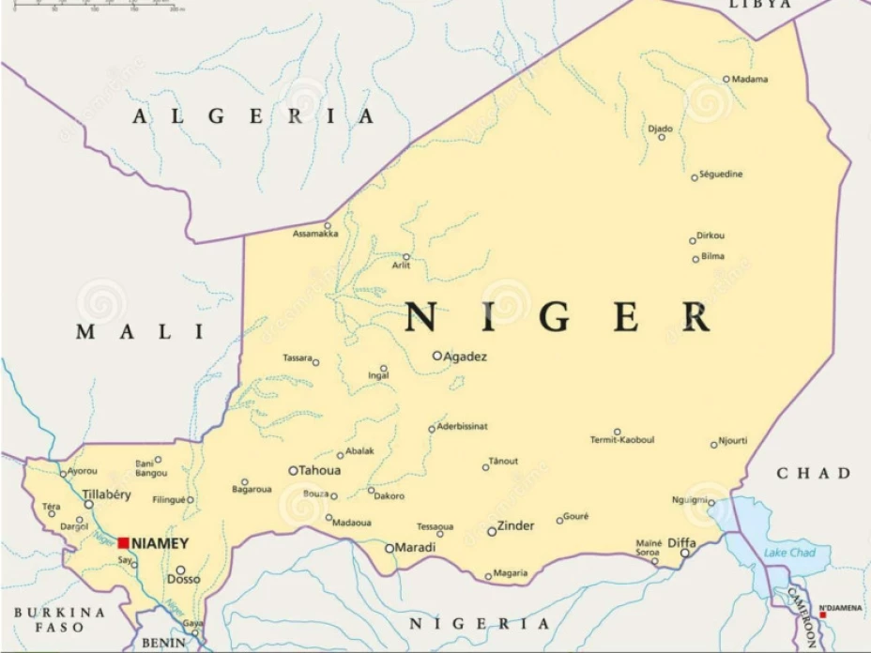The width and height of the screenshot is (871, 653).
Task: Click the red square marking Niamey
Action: [x=123, y=543]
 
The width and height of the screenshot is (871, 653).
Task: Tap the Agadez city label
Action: [x=466, y=357]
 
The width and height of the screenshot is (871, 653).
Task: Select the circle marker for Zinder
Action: [x=492, y=532]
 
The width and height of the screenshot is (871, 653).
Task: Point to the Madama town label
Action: [x=750, y=80]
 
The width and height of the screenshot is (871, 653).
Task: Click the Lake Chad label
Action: [x=789, y=553]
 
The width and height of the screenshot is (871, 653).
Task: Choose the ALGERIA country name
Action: [x=253, y=116]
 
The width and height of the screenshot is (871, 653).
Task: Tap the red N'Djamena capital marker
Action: [x=823, y=615]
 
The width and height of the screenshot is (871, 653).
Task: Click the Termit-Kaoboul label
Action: [x=622, y=440]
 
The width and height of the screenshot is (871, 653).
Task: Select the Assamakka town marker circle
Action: [x=328, y=225]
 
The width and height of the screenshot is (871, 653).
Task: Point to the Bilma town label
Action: [x=713, y=257]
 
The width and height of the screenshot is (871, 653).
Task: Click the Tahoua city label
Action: [x=319, y=471]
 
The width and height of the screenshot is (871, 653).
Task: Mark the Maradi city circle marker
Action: [x=390, y=549]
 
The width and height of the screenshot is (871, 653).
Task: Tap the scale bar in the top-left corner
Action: [x=94, y=6]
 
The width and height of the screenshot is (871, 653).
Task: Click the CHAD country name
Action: [x=813, y=473]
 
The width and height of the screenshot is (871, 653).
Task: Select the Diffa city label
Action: [x=681, y=542]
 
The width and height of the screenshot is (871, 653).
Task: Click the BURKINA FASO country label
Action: [x=60, y=619]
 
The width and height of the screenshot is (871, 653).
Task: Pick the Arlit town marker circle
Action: [x=406, y=256]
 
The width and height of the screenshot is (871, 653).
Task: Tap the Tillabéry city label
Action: [x=107, y=494]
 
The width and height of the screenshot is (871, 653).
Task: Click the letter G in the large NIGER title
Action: [x=555, y=318]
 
